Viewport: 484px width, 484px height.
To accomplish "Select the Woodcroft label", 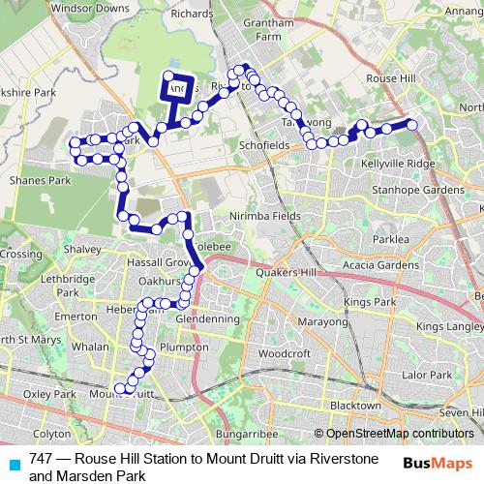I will [x=284, y=354].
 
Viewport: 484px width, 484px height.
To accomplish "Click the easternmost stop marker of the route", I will [x=411, y=124].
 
